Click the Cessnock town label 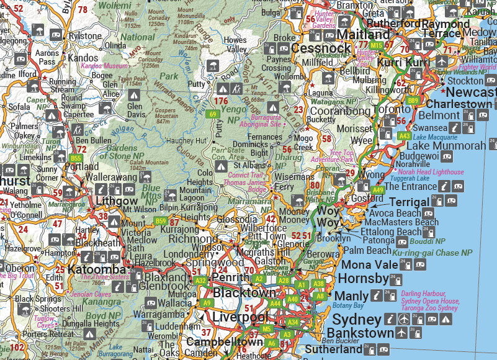(x=321, y=48)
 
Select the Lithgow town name (x=116, y=201)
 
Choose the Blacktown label (x=244, y=292)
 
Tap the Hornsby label (x=363, y=278)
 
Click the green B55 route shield (x=76, y=159)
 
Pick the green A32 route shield (x=200, y=281)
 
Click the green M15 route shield (x=376, y=45)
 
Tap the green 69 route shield (x=213, y=114)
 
